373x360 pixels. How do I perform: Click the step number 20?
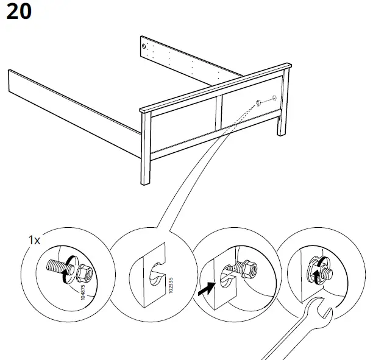(x=19, y=14)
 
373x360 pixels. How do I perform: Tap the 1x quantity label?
(x=34, y=240)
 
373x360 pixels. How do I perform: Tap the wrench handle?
(x=286, y=341)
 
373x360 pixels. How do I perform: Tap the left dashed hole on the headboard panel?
(x=258, y=102)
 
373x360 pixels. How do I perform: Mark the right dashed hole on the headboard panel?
(x=275, y=97)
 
